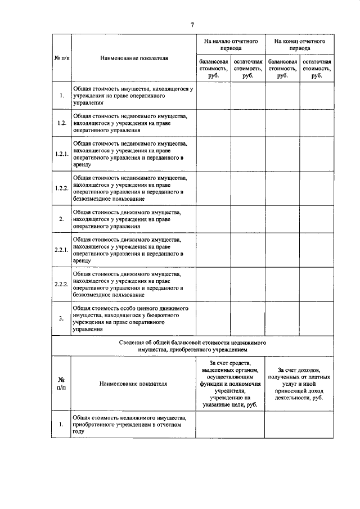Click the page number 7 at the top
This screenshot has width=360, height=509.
(x=192, y=25)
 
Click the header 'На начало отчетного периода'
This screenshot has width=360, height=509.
(x=231, y=44)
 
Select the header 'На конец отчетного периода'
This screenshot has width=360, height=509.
(x=300, y=44)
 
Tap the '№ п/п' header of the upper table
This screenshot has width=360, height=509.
(x=61, y=58)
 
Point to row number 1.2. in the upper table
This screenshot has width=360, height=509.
(x=61, y=122)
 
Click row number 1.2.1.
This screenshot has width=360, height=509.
(x=61, y=154)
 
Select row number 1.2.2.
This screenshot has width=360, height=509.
(x=61, y=188)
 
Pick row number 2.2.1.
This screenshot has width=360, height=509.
(x=61, y=250)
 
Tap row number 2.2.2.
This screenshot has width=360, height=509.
(x=61, y=283)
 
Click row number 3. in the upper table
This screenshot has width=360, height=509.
(x=61, y=319)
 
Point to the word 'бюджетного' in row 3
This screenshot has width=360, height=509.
(x=163, y=316)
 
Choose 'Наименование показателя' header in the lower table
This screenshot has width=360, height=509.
(x=133, y=384)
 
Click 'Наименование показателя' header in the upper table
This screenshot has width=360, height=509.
(x=133, y=58)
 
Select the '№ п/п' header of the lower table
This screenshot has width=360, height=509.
(x=61, y=384)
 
